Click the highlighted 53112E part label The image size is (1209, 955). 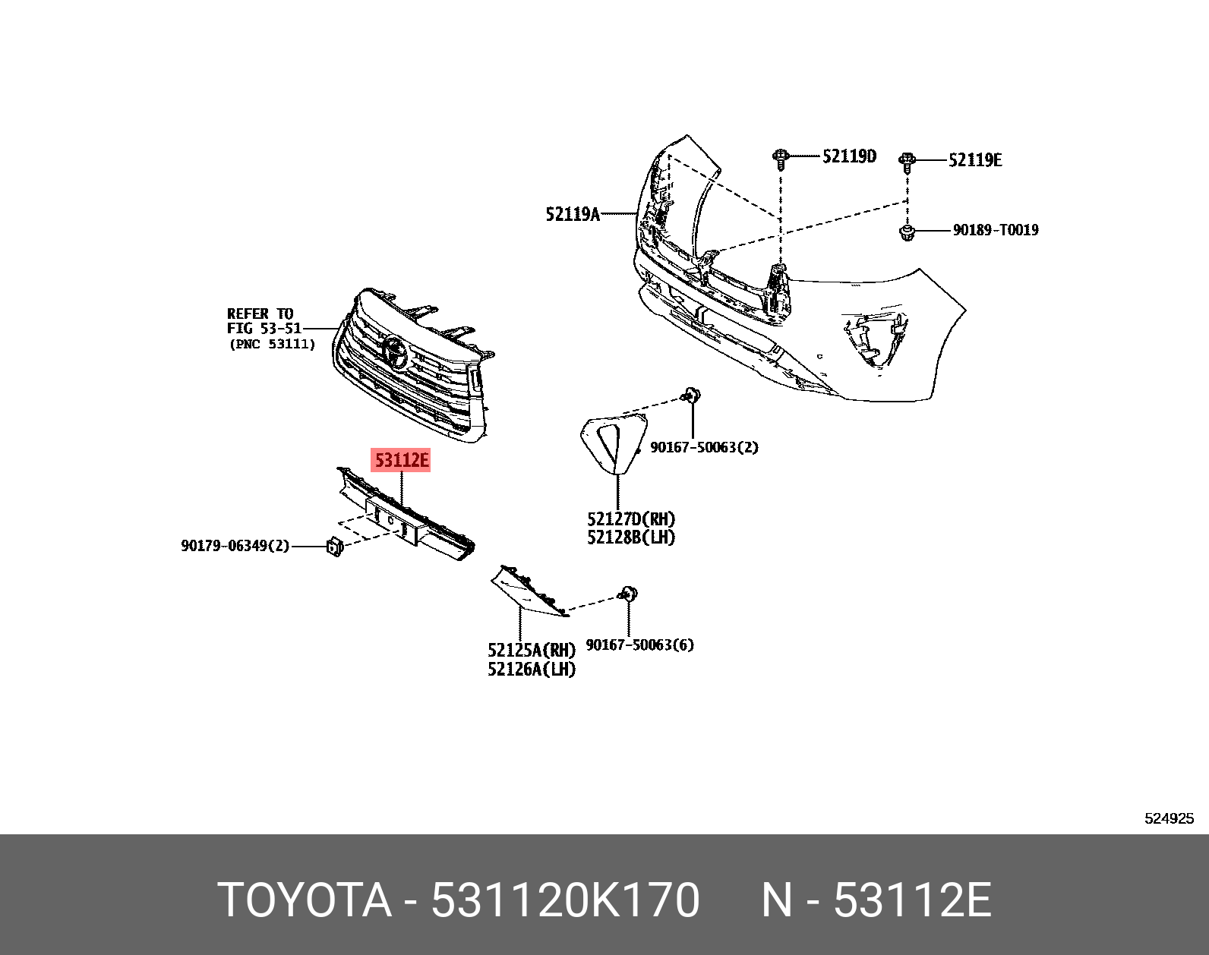(400, 460)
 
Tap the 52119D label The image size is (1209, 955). (849, 156)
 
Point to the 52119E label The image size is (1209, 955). (974, 159)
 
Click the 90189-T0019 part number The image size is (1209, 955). (996, 230)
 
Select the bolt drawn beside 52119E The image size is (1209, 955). (907, 161)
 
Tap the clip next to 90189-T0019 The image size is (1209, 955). (906, 232)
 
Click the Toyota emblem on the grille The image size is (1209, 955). (394, 352)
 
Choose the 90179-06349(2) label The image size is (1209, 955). (235, 546)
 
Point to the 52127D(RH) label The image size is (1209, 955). (630, 519)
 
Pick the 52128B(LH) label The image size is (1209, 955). (630, 537)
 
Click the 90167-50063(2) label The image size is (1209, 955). (704, 448)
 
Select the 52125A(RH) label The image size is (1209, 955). (532, 651)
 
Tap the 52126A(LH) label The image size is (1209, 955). (532, 669)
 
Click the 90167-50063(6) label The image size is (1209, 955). (640, 645)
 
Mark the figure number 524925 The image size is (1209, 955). (1169, 818)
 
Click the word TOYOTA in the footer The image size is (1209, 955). (304, 901)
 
